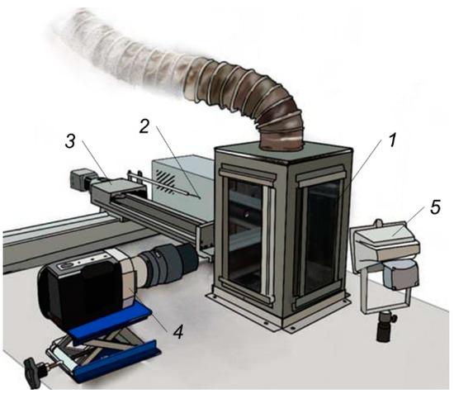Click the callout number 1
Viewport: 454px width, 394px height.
pos(391,140)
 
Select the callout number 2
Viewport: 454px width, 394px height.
pos(144,127)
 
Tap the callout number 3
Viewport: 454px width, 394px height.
pos(70,142)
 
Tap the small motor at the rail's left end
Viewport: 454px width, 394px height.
pos(78,178)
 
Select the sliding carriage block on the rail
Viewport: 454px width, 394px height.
pos(118,188)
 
